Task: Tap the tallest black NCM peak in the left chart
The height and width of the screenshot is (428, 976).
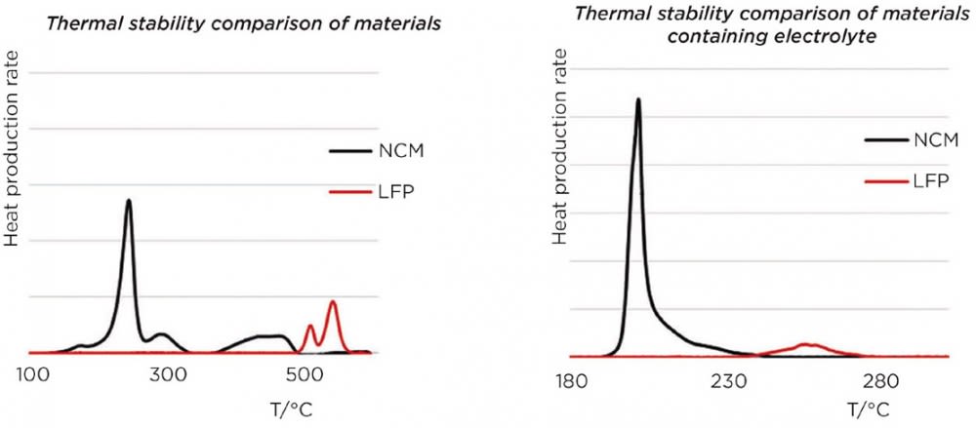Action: point(129,201)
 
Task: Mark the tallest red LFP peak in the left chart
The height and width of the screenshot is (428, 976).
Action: point(333,302)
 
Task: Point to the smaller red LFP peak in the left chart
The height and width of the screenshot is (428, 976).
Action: point(310,326)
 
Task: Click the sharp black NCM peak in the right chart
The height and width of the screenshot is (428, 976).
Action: point(637,99)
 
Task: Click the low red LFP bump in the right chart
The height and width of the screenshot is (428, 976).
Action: point(806,344)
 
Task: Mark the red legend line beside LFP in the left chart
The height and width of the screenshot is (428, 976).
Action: point(346,192)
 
